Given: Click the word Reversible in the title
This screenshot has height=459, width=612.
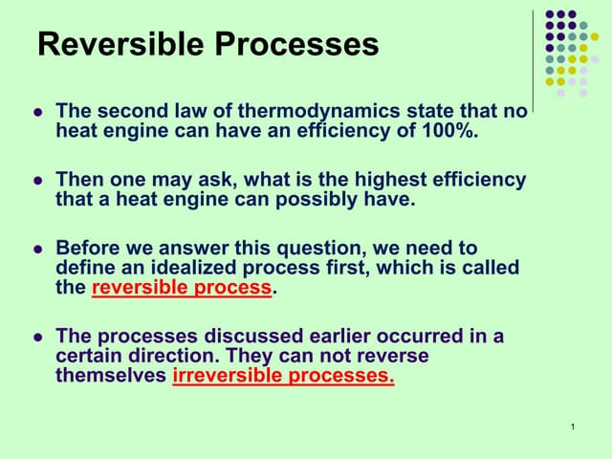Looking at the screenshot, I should (120, 44).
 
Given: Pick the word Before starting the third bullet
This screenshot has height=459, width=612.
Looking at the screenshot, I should (89, 249).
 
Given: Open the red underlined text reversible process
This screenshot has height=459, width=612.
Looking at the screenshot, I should (182, 288).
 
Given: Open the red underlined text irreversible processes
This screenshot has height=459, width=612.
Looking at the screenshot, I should (283, 376).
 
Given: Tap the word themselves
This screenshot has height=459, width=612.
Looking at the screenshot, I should (112, 376).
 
